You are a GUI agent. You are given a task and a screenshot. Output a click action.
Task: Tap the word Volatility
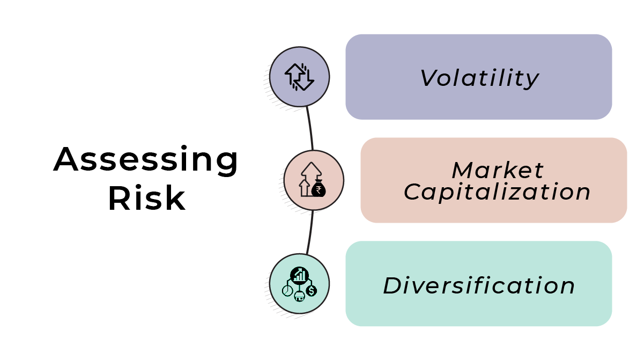479,78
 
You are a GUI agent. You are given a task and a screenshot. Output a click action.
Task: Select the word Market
497,171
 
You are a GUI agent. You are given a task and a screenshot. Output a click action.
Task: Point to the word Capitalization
497,192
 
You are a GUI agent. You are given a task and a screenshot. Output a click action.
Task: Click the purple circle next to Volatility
299,76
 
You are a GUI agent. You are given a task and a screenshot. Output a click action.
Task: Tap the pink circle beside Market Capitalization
314,180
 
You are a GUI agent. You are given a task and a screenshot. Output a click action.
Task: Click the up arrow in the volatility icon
293,74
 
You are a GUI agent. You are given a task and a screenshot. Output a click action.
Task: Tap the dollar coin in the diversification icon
312,290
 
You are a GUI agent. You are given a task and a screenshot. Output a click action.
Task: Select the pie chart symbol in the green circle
287,290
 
